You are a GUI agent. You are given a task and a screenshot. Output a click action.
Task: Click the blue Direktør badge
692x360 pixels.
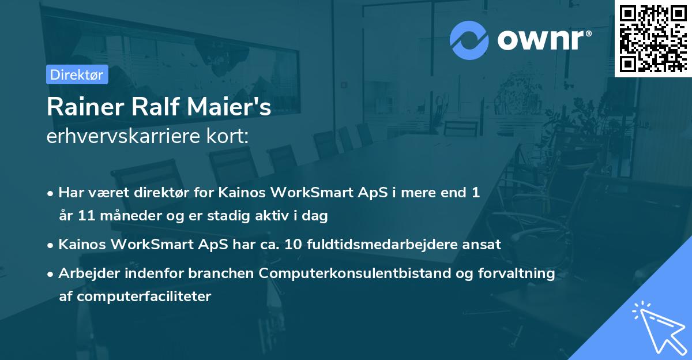point(77,74)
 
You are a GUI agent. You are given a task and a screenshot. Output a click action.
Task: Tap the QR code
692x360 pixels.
point(653,38)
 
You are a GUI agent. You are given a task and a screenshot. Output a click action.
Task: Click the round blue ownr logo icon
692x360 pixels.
point(469,40)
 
